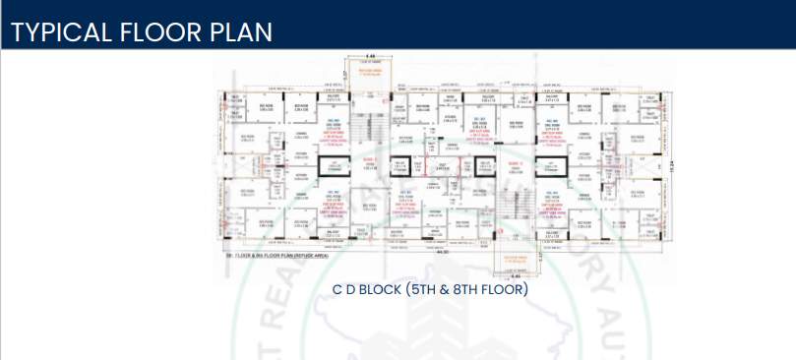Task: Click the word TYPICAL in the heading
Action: pyautogui.click(x=63, y=31)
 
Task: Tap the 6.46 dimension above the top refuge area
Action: pyautogui.click(x=369, y=56)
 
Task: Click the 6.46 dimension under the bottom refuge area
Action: pyautogui.click(x=517, y=275)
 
